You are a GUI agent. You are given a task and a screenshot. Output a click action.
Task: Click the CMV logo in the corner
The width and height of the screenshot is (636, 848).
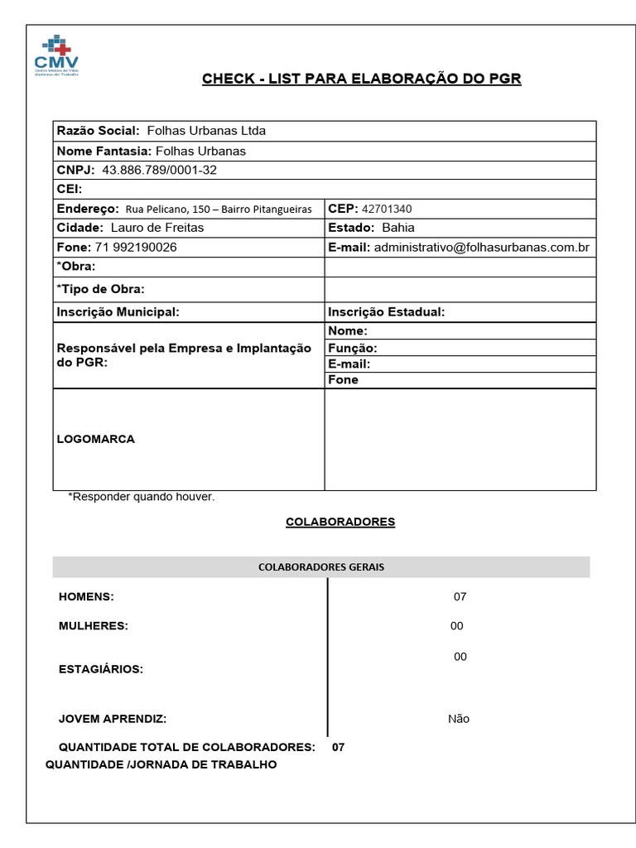[56, 56]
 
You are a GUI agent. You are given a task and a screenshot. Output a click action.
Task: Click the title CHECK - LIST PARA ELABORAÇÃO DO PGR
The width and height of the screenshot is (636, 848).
[362, 79]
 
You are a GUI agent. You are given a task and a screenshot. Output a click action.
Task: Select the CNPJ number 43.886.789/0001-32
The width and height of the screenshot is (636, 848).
[159, 170]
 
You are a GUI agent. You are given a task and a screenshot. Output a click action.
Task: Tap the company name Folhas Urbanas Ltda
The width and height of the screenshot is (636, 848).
[206, 131]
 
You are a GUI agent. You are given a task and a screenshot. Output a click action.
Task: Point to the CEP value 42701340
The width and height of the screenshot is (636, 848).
[387, 209]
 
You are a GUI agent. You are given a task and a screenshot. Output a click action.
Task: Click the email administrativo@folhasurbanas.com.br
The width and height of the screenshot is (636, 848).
[481, 248]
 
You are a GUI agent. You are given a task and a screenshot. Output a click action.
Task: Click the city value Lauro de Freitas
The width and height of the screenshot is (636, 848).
[157, 228]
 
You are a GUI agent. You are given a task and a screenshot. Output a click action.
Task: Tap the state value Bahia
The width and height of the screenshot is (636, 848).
[398, 228]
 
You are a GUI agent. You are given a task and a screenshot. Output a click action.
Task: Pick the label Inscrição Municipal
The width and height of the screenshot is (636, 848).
[118, 312]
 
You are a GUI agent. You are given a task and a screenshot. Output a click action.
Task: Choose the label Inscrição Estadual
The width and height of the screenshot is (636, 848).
[387, 312]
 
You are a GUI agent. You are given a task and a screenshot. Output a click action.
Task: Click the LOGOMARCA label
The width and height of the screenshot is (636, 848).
[95, 439]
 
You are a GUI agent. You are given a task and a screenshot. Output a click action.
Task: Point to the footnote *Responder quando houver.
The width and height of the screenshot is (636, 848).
[142, 497]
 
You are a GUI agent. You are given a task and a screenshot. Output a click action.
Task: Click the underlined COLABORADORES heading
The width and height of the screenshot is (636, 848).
[340, 522]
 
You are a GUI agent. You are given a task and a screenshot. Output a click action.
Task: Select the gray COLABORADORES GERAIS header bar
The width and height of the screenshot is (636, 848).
[321, 567]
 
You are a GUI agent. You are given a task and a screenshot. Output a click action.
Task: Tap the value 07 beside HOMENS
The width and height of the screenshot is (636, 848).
[460, 596]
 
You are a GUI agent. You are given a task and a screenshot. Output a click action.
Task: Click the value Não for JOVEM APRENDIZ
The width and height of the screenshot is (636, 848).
[458, 719]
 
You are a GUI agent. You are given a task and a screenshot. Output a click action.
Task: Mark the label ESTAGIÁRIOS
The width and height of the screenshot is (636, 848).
[100, 669]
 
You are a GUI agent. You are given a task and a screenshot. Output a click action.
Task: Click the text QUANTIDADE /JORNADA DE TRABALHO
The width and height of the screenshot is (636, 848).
[161, 764]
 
